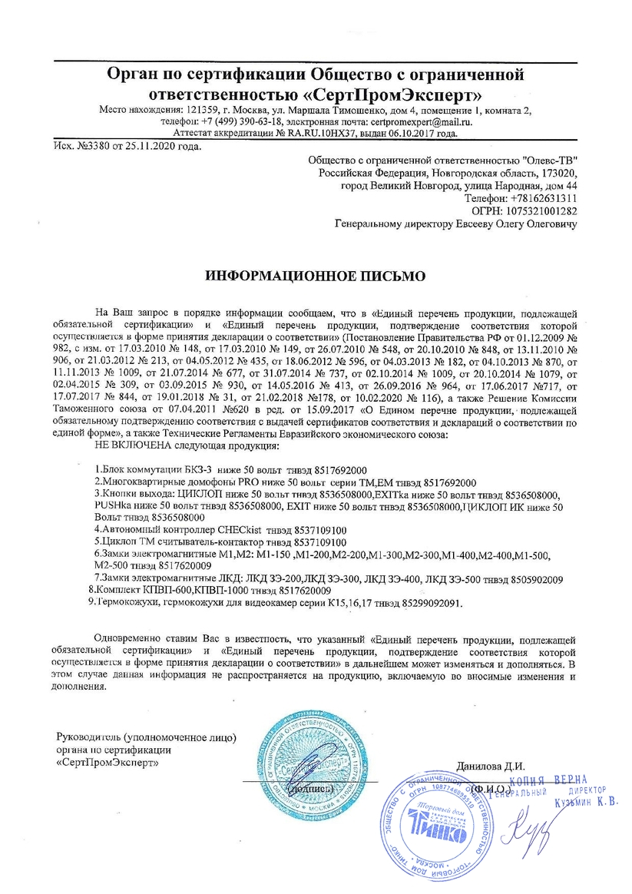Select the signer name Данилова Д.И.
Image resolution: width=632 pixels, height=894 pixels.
click(x=490, y=765)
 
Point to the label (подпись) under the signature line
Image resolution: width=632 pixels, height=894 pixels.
click(x=310, y=789)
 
